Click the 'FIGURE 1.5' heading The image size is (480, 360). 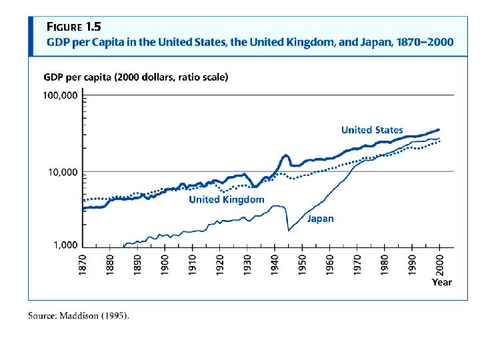point(73,27)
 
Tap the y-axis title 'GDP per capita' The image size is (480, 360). point(78,77)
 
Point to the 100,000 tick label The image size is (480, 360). point(61,96)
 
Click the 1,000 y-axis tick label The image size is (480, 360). point(65,246)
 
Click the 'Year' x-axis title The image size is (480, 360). point(441,282)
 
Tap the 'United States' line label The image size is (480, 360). point(372,130)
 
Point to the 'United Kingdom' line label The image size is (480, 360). point(226,199)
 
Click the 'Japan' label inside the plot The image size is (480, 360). point(320,218)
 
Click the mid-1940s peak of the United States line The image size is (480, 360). point(286,155)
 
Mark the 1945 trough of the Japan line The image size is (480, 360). point(289,231)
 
